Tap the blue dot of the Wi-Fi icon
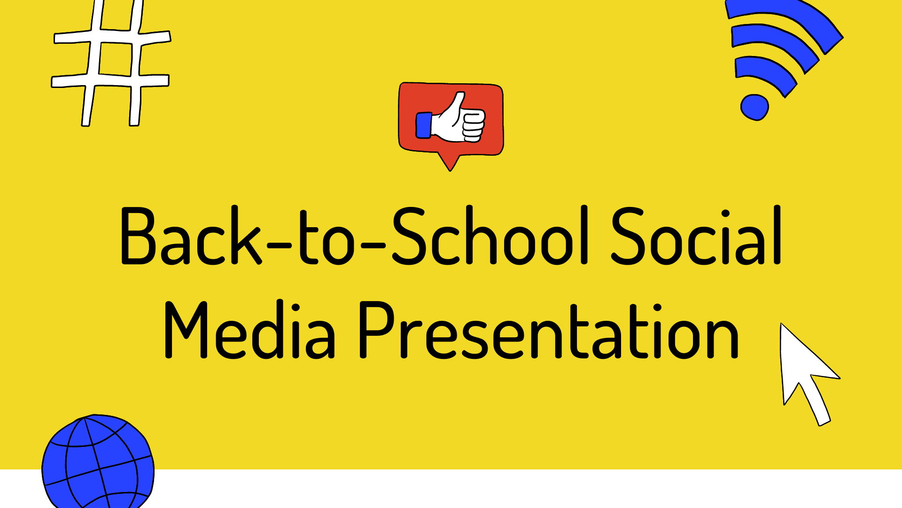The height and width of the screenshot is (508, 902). tap(754, 107)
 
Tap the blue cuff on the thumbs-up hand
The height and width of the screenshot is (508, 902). tap(424, 125)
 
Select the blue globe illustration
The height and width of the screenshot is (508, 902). tap(98, 461)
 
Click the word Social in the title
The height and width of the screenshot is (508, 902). tap(696, 235)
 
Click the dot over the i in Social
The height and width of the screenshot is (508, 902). tap(725, 214)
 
